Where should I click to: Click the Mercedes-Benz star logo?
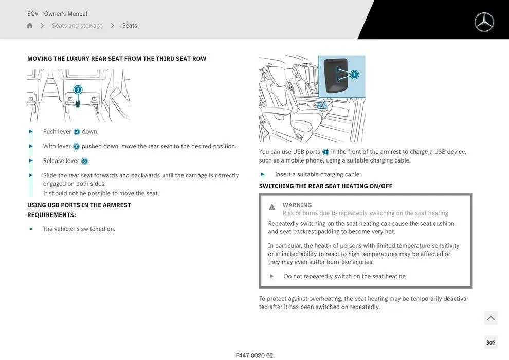[484, 22]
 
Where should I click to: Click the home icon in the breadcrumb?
[30, 26]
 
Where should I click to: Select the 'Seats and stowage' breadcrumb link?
[77, 26]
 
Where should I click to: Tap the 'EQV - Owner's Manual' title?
[57, 14]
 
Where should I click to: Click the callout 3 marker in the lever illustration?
[78, 90]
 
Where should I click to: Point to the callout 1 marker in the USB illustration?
[354, 75]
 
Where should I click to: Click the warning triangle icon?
[272, 207]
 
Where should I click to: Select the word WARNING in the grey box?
[297, 205]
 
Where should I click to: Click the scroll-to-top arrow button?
[490, 318]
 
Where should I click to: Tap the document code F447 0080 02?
[254, 355]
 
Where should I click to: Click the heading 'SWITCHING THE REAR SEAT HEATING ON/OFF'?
[325, 186]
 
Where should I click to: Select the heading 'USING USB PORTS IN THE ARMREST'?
[79, 205]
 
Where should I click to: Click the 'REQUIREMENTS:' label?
[51, 215]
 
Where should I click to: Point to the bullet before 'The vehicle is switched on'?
[31, 229]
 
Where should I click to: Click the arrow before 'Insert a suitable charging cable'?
[263, 174]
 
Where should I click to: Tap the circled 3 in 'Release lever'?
[84, 161]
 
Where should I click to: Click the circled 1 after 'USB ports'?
[325, 152]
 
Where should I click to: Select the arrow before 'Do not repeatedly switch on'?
[272, 276]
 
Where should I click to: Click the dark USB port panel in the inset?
[336, 76]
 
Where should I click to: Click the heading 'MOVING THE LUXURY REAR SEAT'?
[117, 59]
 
